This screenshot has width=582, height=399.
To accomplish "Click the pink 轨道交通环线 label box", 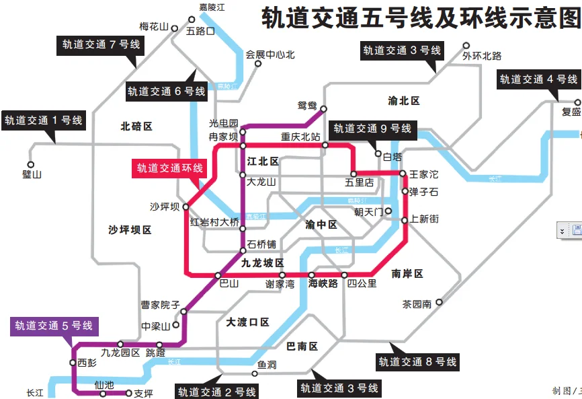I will coord(170,169).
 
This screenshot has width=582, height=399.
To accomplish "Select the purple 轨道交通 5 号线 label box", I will coord(54,326).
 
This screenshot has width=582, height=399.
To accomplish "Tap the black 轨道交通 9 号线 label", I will coord(372,129).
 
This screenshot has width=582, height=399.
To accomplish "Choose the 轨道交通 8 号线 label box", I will coord(417,362).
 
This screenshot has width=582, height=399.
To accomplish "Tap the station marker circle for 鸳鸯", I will coord(323,108).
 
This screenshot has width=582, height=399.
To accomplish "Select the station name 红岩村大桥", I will coord(214,223).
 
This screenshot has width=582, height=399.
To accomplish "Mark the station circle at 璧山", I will coord(30,164).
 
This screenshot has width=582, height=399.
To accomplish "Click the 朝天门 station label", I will coord(368,211).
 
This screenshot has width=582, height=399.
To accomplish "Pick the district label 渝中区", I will coord(321,225).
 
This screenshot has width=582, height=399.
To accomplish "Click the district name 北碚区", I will coord(136,126).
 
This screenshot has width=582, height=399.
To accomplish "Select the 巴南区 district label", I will coord(302,347).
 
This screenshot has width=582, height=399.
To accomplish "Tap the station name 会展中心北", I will coord(270,55).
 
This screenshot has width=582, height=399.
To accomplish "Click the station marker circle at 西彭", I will coord(73,363).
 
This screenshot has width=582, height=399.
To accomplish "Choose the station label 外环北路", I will coord(482,56).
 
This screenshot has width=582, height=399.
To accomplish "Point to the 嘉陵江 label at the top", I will coord(212,7).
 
